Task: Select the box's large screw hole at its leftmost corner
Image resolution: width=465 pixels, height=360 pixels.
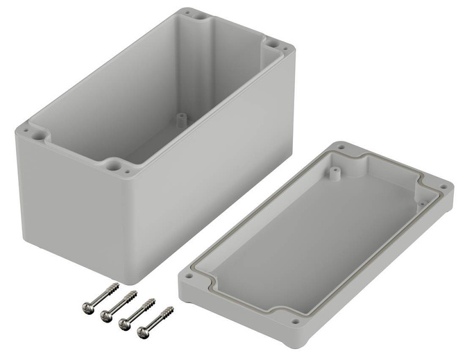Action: coord(30,128)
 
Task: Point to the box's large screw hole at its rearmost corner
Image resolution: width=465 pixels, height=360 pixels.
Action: coord(192,13)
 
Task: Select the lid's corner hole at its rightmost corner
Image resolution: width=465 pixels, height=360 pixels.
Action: coord(441,187)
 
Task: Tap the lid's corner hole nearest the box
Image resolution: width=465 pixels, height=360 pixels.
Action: coord(341,148)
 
